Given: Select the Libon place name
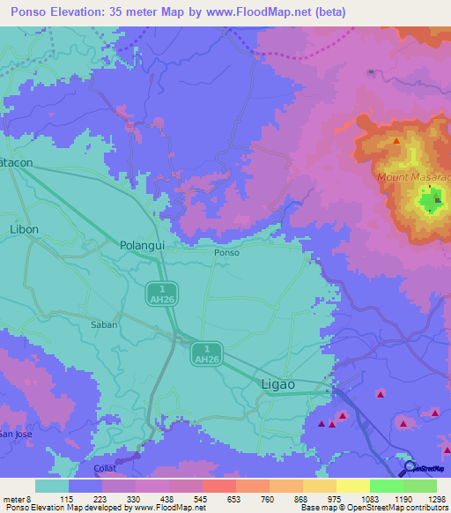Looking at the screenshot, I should (x=25, y=228).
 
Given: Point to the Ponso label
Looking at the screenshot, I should (x=226, y=252).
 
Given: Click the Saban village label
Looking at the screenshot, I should (x=104, y=324).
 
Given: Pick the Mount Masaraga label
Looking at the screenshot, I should (x=413, y=178).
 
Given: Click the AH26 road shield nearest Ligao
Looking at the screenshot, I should (x=206, y=353).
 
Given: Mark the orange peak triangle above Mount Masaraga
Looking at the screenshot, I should (x=396, y=141).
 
